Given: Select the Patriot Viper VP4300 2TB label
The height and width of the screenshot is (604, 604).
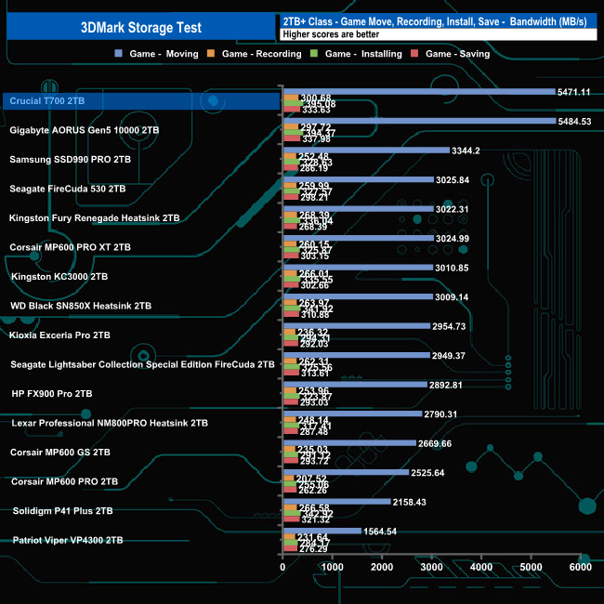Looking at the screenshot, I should pos(68,540).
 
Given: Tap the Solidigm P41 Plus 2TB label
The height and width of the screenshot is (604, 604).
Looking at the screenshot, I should pos(61,510).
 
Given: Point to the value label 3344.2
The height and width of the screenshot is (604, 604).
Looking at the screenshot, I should pos(466,150).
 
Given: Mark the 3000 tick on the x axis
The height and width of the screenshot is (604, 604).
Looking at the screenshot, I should pos(431,566).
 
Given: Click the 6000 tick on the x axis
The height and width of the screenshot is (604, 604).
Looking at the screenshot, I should pos(579,566).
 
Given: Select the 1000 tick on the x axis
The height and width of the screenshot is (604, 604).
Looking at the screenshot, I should pos(333,566).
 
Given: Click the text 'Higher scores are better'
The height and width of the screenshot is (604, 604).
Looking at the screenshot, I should pos(330,35).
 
